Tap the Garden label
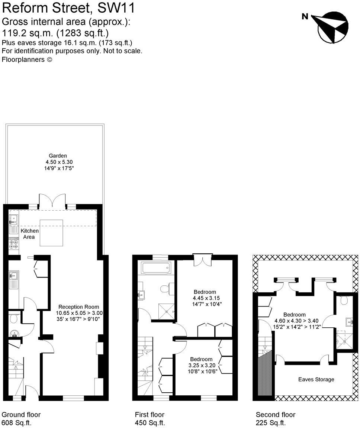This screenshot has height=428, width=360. click(58, 156)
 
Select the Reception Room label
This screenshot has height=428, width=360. click(78, 307)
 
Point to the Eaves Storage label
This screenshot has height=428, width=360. click(316, 379)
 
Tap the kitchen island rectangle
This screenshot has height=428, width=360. click(51, 233)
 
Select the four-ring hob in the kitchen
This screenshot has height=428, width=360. click(14, 243)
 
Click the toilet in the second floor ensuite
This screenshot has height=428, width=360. click(344, 299)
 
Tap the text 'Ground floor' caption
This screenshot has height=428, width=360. click(21, 415)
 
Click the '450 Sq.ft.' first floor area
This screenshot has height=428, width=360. click(150, 423)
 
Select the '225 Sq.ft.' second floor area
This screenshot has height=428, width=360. click(271, 423)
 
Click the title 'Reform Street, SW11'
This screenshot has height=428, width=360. click(68, 7)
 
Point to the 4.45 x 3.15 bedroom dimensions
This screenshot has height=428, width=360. click(204, 298)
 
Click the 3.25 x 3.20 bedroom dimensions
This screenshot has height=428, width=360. click(201, 366)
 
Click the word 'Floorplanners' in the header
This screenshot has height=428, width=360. click(23, 59)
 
